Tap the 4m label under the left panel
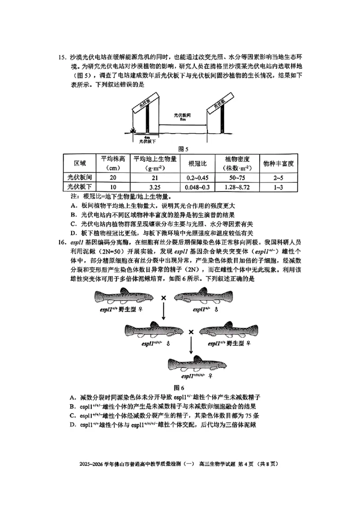pos(147,136)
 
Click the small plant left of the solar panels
pos(132,130)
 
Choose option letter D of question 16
pos(72,424)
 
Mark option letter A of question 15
pos(72,205)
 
